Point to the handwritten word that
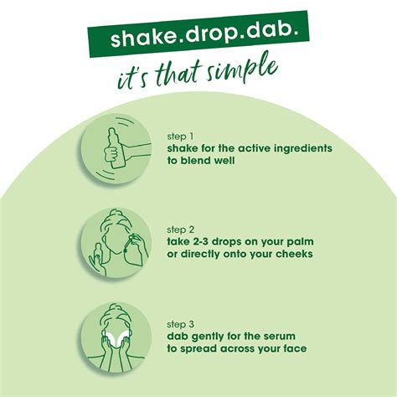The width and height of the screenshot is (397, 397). (179, 74)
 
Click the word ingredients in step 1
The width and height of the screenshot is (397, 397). (303, 148)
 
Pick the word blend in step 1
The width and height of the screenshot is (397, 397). (195, 161)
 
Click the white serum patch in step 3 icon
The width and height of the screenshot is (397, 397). (114, 337)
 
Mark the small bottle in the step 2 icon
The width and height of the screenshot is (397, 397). (97, 254)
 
